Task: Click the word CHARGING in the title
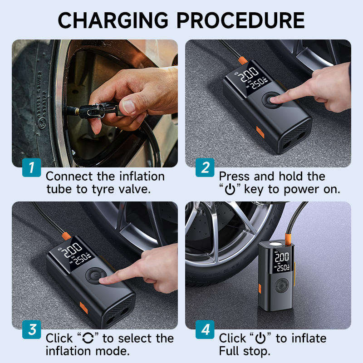[113, 20]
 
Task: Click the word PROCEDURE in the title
[241, 20]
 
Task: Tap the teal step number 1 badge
[31, 167]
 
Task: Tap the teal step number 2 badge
[205, 167]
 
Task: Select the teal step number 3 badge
[31, 329]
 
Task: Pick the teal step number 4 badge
[205, 329]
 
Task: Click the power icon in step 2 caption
[230, 189]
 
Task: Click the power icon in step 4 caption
[260, 338]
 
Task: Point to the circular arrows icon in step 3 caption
[88, 338]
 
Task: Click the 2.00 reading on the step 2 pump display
[249, 74]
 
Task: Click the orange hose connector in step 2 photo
[243, 60]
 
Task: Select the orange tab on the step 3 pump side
[83, 308]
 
